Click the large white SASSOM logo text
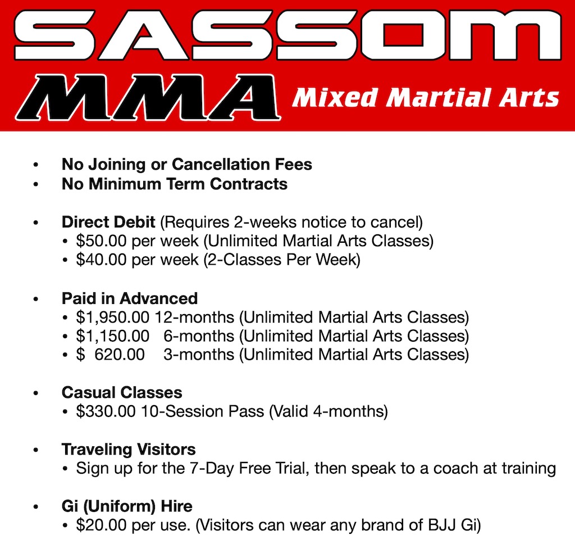(287, 35)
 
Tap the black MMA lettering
(148, 97)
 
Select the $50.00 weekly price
(101, 241)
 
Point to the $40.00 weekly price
(101, 260)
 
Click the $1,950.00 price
(112, 318)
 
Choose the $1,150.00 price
(112, 336)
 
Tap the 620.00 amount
(120, 355)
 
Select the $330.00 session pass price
(106, 411)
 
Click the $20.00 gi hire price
(101, 525)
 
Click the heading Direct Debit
(108, 222)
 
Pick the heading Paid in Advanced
(130, 298)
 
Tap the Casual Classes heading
(122, 392)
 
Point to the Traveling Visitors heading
(129, 449)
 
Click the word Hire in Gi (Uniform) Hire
(177, 506)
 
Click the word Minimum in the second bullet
(125, 184)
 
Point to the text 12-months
(194, 318)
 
